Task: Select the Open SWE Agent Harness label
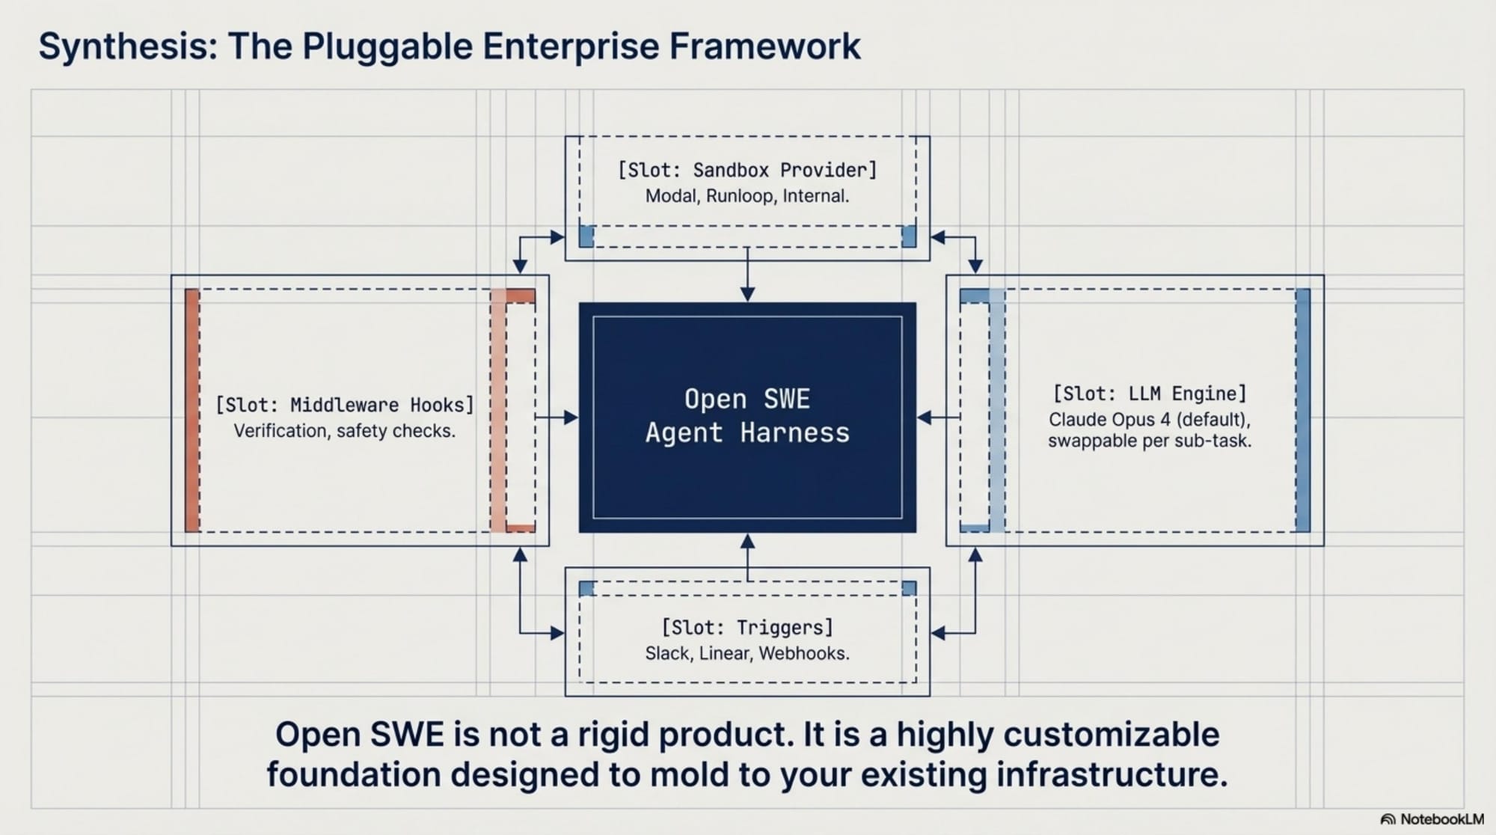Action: tap(747, 416)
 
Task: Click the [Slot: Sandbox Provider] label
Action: tap(747, 170)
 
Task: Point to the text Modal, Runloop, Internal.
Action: tap(747, 196)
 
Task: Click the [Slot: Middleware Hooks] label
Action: tap(345, 405)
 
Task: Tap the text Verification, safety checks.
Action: tap(345, 431)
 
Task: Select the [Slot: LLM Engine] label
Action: tap(1150, 394)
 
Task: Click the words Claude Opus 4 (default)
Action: tap(1150, 419)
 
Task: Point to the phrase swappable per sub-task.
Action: tap(1150, 441)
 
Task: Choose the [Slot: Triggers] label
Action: tap(747, 627)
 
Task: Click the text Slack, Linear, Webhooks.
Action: tap(747, 653)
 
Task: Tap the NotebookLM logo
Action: tap(1432, 819)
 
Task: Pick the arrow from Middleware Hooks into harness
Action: tap(557, 417)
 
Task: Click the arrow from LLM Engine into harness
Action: tap(938, 417)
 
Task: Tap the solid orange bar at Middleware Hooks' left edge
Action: tap(192, 410)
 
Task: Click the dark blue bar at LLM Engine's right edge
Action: tap(1302, 410)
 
